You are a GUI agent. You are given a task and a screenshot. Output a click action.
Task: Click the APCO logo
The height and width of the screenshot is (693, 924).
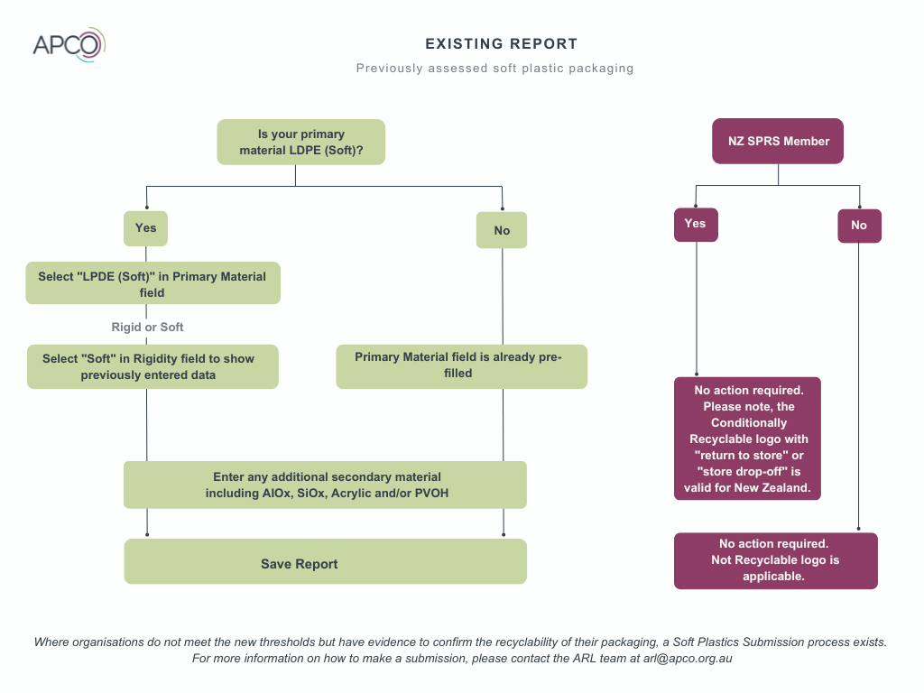pyautogui.click(x=69, y=45)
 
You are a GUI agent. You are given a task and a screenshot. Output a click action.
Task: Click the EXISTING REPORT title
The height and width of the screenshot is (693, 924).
pyautogui.click(x=502, y=44)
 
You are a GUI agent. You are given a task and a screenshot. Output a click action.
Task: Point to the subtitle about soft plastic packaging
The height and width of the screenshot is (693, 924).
pyautogui.click(x=495, y=69)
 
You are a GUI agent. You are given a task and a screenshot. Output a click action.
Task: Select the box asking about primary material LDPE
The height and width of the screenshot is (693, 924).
pyautogui.click(x=301, y=142)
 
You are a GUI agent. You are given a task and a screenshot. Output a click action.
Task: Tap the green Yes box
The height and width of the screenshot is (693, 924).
pyautogui.click(x=145, y=228)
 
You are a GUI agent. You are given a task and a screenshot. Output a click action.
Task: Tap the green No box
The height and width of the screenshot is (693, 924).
pyautogui.click(x=502, y=230)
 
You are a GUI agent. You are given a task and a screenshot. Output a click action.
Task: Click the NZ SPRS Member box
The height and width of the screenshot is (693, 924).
pyautogui.click(x=778, y=142)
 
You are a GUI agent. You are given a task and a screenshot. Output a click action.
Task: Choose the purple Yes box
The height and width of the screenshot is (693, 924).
pyautogui.click(x=696, y=225)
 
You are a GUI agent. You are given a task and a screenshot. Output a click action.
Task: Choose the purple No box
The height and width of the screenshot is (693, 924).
pyautogui.click(x=859, y=226)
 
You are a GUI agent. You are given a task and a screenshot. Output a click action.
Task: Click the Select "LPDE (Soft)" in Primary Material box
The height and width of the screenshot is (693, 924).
pyautogui.click(x=152, y=283)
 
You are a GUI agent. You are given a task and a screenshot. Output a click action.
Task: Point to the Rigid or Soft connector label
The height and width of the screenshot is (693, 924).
pyautogui.click(x=147, y=327)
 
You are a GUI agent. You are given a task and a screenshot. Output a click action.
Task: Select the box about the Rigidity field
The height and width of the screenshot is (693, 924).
pyautogui.click(x=152, y=366)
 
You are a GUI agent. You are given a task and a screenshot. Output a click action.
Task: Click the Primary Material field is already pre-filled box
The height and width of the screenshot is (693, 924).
pyautogui.click(x=461, y=366)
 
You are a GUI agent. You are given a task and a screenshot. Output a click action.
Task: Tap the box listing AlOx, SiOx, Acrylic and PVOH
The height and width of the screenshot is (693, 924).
pyautogui.click(x=325, y=485)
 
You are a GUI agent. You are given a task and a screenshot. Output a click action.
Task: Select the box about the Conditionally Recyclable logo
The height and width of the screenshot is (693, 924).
pyautogui.click(x=747, y=439)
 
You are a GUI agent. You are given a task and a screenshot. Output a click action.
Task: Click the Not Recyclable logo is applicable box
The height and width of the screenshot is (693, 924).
pyautogui.click(x=775, y=561)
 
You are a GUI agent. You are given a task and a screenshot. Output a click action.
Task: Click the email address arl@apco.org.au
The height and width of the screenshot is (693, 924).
pyautogui.click(x=688, y=659)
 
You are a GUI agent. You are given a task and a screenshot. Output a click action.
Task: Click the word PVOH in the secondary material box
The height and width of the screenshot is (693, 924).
pyautogui.click(x=432, y=494)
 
